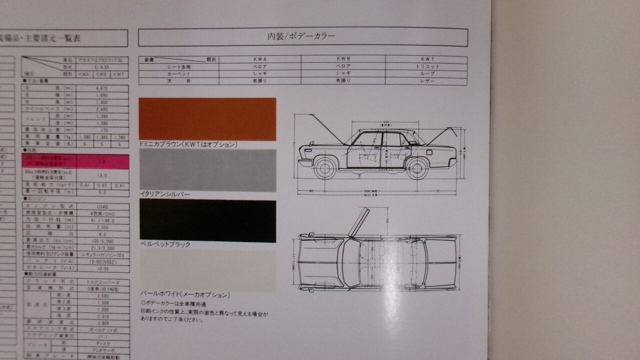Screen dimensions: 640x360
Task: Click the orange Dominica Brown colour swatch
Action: pos(207,119)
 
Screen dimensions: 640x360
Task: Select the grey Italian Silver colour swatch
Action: pos(207,170)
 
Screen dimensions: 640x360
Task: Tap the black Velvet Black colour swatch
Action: pos(207,221)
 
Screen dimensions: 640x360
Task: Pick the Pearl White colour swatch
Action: pos(207,271)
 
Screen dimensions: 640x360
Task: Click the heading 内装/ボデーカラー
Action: pos(301,36)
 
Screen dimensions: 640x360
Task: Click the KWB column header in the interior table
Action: pos(343,59)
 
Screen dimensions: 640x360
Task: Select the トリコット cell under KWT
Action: pos(426,66)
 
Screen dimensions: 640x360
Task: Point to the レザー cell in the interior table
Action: pos(426,81)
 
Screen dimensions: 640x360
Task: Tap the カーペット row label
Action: pos(178,73)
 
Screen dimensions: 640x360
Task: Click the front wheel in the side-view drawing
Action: pos(325,168)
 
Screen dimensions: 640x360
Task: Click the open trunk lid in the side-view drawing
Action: pos(447,135)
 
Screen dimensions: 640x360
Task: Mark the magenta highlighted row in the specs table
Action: pos(75,161)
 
